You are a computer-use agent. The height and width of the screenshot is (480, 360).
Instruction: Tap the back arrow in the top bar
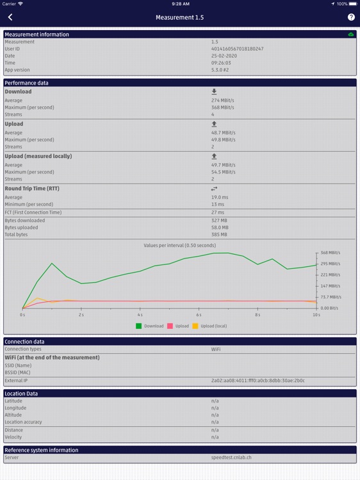click(x=10, y=17)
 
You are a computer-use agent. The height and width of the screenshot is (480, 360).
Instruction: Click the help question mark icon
click(x=351, y=17)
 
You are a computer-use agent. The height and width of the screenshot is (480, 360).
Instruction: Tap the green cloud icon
click(x=351, y=35)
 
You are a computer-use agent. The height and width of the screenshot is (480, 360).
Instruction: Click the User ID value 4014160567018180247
click(x=237, y=49)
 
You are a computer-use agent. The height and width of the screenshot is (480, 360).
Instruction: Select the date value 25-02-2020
click(x=224, y=56)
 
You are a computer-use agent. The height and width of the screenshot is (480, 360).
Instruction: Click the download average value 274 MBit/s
click(x=223, y=100)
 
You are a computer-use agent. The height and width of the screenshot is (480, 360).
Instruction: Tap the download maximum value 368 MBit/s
click(x=223, y=108)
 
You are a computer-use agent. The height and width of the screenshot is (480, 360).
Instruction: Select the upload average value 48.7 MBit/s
click(x=224, y=132)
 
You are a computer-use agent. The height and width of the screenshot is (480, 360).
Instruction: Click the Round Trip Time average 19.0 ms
click(x=220, y=197)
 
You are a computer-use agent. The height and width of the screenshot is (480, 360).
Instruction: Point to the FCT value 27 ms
click(x=218, y=212)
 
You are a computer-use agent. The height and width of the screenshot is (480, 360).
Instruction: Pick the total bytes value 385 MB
click(x=219, y=234)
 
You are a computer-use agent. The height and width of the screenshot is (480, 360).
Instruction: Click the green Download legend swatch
click(x=139, y=326)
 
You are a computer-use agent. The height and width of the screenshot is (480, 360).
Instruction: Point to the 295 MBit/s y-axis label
click(x=330, y=264)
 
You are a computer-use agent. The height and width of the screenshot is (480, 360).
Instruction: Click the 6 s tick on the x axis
click(x=199, y=315)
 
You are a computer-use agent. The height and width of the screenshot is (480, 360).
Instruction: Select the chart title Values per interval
click(x=180, y=245)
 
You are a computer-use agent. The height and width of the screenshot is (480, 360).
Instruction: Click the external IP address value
click(x=258, y=380)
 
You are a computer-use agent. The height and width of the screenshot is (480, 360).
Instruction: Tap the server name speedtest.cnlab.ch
click(x=231, y=458)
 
